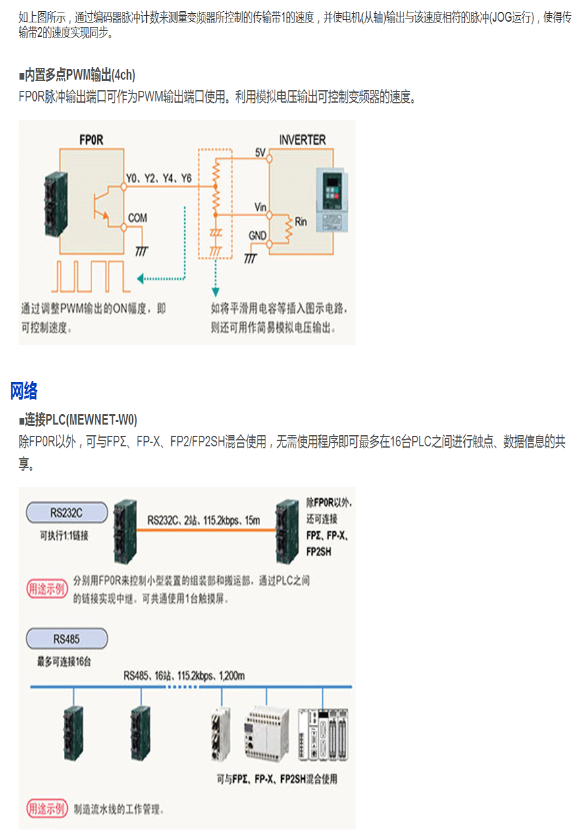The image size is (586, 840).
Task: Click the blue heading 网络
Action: point(24,391)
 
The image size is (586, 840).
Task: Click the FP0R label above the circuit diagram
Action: point(91,140)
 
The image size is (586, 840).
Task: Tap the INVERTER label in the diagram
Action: point(302,140)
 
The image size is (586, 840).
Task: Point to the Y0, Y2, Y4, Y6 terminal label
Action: point(159,178)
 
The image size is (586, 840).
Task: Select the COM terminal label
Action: point(138,218)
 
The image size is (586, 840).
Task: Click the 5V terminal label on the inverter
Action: point(259,153)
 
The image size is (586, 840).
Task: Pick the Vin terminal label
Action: point(260,208)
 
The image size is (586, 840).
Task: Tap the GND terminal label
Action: point(257,235)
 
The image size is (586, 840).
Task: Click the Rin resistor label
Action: point(300,221)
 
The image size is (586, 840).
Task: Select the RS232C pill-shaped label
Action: point(67,512)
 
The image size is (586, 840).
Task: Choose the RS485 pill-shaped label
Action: point(67,638)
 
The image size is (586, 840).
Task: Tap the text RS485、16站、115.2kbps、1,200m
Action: point(184,675)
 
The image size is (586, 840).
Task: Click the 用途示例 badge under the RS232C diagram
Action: point(46,589)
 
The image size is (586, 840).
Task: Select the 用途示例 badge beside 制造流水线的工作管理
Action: point(46,808)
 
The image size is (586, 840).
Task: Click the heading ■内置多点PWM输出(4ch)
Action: point(77,75)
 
